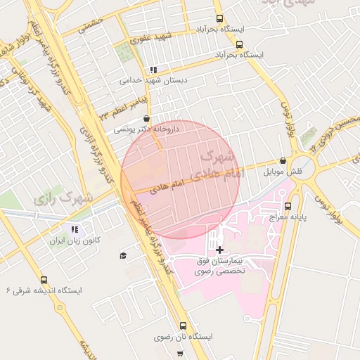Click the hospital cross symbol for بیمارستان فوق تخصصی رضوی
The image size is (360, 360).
[219, 250]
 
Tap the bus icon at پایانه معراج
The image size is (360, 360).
[288, 206]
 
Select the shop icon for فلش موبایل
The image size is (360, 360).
[283, 160]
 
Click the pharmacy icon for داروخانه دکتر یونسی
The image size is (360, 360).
[146, 119]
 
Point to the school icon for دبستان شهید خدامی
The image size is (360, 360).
[153, 70]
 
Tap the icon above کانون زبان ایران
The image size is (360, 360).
[74, 229]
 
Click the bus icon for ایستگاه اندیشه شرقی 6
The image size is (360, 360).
[44, 279]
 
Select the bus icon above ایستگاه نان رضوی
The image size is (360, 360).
[183, 326]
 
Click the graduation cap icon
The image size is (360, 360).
[123, 255]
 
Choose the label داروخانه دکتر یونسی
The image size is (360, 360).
[148, 130]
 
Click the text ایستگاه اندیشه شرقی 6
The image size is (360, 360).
[44, 290]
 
